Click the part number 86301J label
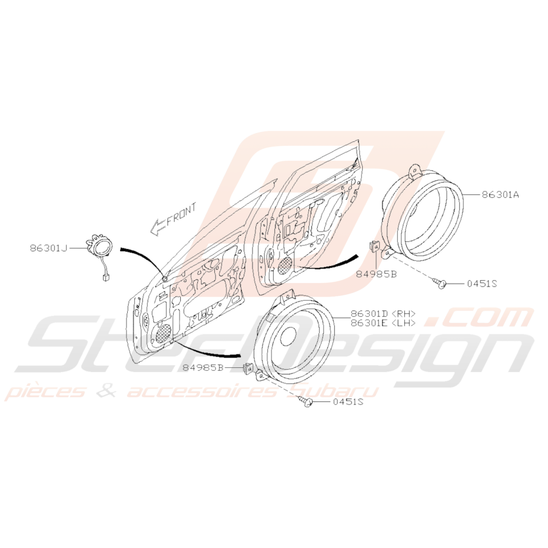tap(49, 248)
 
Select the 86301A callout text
tap(500, 194)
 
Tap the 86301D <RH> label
tap(383, 314)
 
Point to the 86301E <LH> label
tap(383, 323)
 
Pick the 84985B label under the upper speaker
tap(377, 274)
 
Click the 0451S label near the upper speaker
tap(482, 284)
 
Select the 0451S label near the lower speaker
tap(348, 401)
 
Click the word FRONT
tap(181, 214)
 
